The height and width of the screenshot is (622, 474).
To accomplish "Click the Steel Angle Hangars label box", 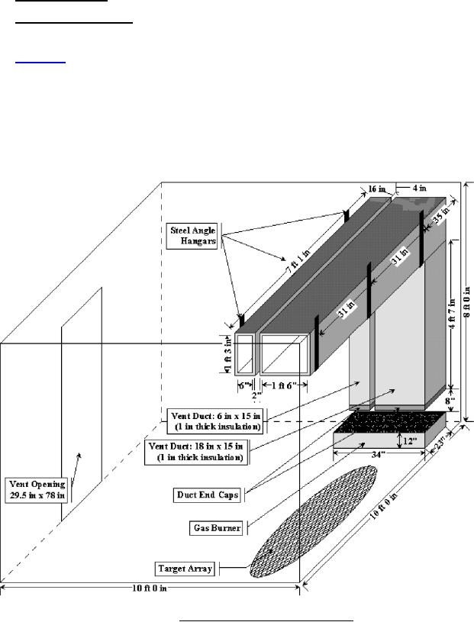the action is point(192,236).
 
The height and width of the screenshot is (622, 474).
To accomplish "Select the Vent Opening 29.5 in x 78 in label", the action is point(37,490).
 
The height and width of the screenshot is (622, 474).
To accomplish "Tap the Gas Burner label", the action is point(217,528).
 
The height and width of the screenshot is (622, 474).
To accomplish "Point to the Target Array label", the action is point(185,569).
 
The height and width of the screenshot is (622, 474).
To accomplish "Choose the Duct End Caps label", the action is point(208,495).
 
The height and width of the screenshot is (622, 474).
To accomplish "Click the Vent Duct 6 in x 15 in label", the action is point(216,421).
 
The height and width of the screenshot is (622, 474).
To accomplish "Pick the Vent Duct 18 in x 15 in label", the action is point(198,452).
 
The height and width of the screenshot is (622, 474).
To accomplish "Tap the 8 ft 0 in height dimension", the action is point(466,301).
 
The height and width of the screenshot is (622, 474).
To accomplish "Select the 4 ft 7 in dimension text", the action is point(453,313).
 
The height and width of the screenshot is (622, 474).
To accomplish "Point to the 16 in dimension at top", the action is point(377,189).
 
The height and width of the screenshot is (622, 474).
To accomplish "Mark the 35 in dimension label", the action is point(440,215).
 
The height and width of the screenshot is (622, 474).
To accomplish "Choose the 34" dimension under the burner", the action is point(378,455).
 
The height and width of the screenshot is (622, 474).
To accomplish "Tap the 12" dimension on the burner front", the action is point(411,440).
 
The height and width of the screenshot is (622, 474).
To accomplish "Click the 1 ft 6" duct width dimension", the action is point(284,385).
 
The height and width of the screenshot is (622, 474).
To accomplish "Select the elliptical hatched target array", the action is point(313,521).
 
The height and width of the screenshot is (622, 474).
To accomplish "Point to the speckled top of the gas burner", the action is point(391,423).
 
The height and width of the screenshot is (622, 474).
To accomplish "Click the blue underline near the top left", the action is point(40,63).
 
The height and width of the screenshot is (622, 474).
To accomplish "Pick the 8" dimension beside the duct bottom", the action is point(450,401).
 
